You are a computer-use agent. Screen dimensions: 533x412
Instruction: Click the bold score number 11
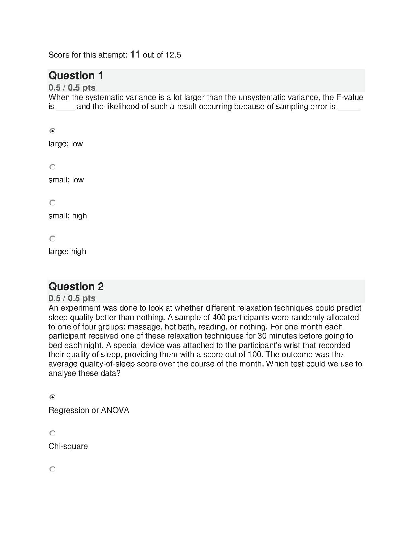pyautogui.click(x=135, y=54)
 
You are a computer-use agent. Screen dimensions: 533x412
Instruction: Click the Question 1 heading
pyautogui.click(x=76, y=75)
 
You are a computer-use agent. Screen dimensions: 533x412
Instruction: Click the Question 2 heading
pyautogui.click(x=76, y=286)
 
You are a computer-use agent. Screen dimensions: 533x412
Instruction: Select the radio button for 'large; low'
pyautogui.click(x=52, y=131)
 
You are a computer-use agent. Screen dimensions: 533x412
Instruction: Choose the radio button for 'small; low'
pyautogui.click(x=52, y=167)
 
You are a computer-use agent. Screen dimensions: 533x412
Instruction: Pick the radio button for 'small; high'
pyautogui.click(x=52, y=203)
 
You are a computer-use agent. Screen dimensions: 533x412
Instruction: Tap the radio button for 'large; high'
pyautogui.click(x=52, y=239)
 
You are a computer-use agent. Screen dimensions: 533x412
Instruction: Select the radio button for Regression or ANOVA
pyautogui.click(x=52, y=397)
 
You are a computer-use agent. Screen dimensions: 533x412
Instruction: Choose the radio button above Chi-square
pyautogui.click(x=52, y=433)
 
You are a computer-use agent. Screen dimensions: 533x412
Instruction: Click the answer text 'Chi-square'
pyautogui.click(x=68, y=446)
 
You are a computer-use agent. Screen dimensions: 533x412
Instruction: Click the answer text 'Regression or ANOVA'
pyautogui.click(x=89, y=410)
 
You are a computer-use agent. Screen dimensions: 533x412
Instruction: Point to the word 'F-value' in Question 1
pyautogui.click(x=350, y=98)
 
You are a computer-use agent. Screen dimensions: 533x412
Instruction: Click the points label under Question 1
pyautogui.click(x=72, y=87)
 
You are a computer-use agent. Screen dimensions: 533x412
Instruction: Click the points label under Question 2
pyautogui.click(x=72, y=298)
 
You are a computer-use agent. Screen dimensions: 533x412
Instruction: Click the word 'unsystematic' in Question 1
pyautogui.click(x=260, y=98)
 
